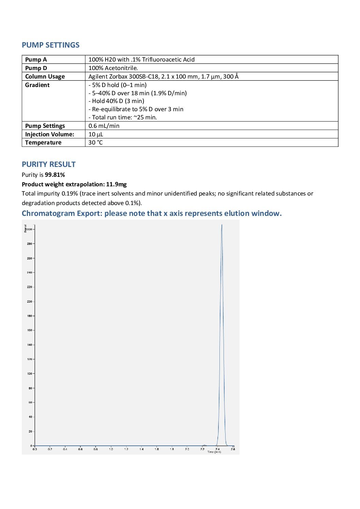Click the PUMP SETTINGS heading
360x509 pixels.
pyautogui.click(x=50, y=45)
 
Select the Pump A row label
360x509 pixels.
pyautogui.click(x=36, y=60)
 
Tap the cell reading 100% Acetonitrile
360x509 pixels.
pyautogui.click(x=113, y=68)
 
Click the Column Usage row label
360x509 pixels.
pyautogui.click(x=45, y=77)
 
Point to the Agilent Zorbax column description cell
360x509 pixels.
pyautogui.click(x=163, y=77)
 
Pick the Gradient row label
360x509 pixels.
pyautogui.click(x=37, y=85)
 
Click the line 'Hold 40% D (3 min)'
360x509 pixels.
pyautogui.click(x=118, y=101)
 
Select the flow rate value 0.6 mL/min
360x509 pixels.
pyautogui.click(x=104, y=126)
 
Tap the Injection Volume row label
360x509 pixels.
pyautogui.click(x=49, y=134)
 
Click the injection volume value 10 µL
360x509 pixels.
pyautogui.click(x=96, y=134)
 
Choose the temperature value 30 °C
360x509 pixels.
pyautogui.click(x=95, y=142)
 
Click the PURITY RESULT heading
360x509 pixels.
pyautogui.click(x=49, y=164)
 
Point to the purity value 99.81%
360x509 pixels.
pyautogui.click(x=55, y=175)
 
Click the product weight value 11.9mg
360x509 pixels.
pyautogui.click(x=116, y=184)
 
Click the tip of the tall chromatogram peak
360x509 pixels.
pyautogui.click(x=222, y=225)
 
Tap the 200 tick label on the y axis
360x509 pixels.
pyautogui.click(x=29, y=302)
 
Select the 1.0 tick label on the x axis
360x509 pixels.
pyautogui.click(x=111, y=449)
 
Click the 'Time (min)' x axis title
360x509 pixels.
pyautogui.click(x=214, y=452)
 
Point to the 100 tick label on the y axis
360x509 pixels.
pyautogui.click(x=29, y=374)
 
